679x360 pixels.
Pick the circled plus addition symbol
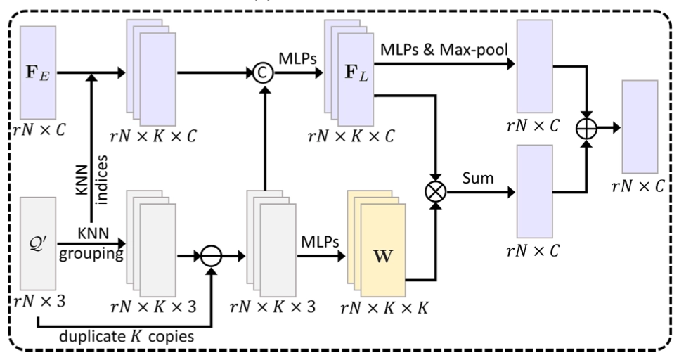[x=588, y=129]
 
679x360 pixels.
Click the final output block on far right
[x=639, y=127]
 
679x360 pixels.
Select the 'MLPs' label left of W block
[x=320, y=241]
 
